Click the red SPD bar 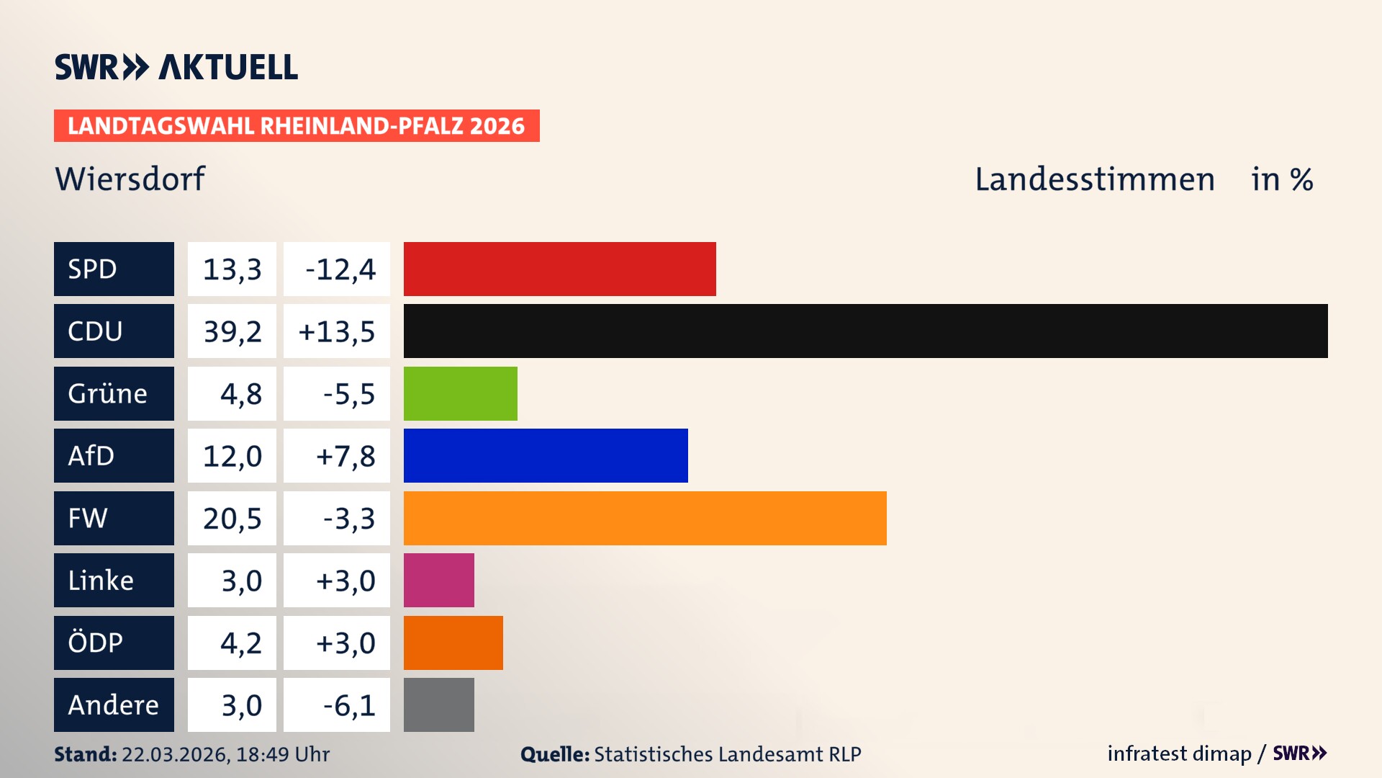[559, 269]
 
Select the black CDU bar [865, 331]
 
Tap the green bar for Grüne [460, 393]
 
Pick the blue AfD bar [545, 455]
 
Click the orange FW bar [644, 518]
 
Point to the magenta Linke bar [438, 580]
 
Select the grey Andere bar [438, 705]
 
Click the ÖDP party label [114, 643]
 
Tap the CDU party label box [114, 331]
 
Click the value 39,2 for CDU [232, 331]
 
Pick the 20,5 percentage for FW [232, 519]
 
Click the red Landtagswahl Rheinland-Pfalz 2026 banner [296, 125]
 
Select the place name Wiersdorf [130, 179]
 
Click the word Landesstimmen [1094, 179]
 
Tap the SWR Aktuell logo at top [176, 67]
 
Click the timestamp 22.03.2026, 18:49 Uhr [225, 754]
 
